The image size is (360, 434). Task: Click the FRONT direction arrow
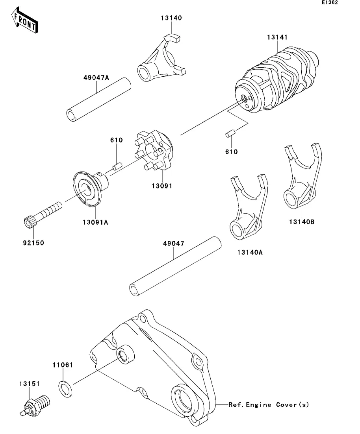coord(24,20)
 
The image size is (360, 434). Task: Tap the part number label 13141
coord(277,37)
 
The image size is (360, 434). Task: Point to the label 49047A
coord(96,78)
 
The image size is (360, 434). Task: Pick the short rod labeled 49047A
coord(98,100)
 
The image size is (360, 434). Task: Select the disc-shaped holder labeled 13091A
coord(90,189)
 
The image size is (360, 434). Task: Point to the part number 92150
coord(33,243)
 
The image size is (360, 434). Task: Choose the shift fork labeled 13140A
coord(249,207)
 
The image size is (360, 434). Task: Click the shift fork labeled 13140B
coord(302,176)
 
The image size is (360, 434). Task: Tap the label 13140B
coord(302,222)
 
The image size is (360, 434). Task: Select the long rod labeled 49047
coord(175,266)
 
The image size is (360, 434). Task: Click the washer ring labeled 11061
coord(66,389)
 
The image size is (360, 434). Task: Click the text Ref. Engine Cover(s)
coord(269,404)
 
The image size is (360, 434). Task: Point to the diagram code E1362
coord(330,2)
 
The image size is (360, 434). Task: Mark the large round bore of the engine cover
coord(185,399)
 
